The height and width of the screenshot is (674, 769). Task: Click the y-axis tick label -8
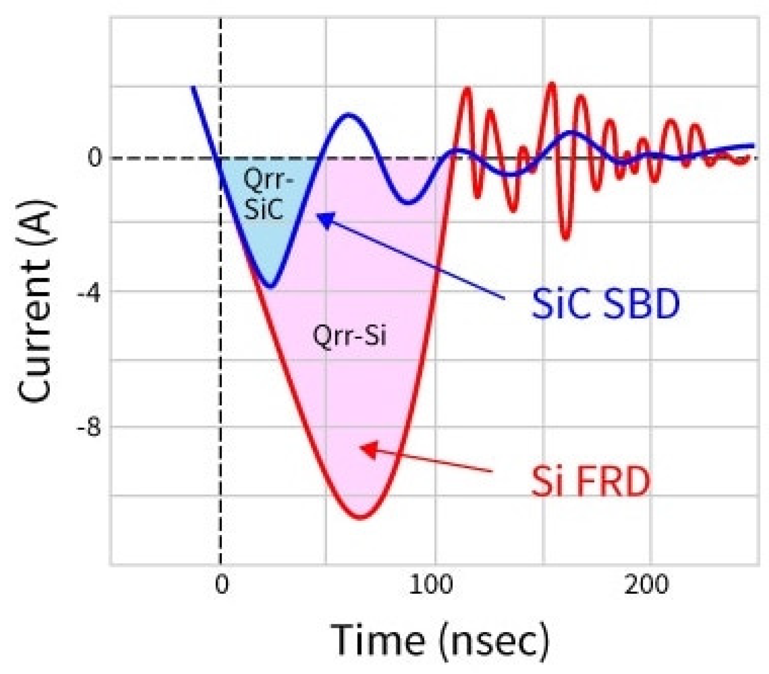point(88,428)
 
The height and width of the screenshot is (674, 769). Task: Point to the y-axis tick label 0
point(94,157)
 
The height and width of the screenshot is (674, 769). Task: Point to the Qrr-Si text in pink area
point(349,336)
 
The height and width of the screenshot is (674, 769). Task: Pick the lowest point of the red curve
point(361,518)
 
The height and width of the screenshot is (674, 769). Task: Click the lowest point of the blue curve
point(271,287)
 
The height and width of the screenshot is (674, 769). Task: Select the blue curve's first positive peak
point(347,114)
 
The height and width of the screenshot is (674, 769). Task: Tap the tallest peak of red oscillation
point(552,84)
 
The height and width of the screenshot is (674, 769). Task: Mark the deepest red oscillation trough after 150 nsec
point(566,239)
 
